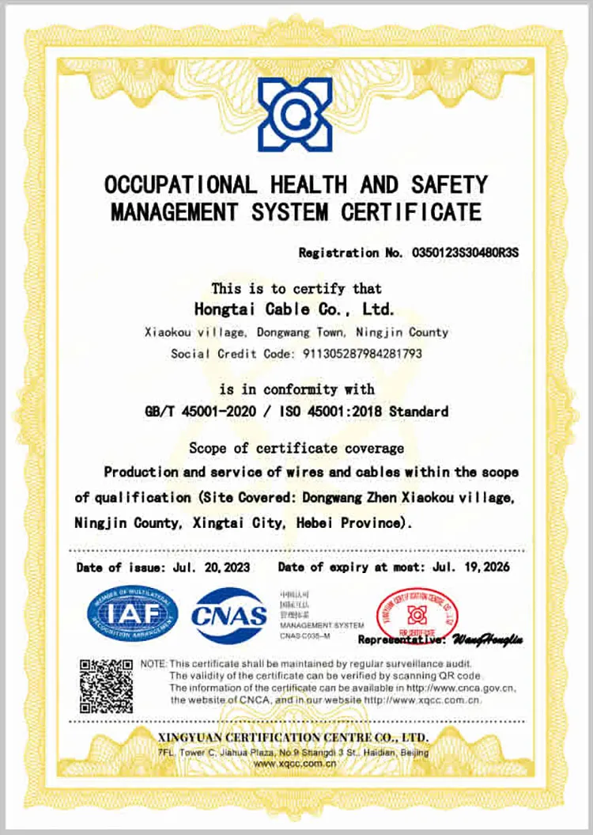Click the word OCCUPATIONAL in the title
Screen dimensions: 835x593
tap(181, 186)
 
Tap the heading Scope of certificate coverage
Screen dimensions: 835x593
tap(296, 449)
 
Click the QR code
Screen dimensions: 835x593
tap(106, 685)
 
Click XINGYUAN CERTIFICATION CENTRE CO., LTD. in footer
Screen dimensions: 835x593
tap(294, 738)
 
